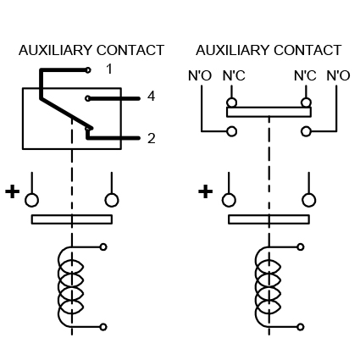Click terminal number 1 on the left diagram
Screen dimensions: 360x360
coord(109,69)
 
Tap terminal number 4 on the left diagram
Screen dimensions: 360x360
coord(152,97)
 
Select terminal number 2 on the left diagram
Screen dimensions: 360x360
coord(152,138)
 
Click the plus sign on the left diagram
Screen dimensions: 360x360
coord(12,191)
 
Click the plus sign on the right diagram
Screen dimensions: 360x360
coord(206,191)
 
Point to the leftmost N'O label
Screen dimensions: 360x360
coord(200,75)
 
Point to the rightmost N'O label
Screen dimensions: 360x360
coord(338,75)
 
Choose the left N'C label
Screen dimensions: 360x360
coord(234,75)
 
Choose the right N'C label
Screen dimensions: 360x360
coord(305,75)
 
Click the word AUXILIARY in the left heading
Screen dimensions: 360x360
coord(55,50)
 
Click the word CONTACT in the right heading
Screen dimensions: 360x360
coord(307,50)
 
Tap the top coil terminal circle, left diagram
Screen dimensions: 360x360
coord(103,247)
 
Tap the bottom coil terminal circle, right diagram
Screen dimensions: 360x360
coord(301,327)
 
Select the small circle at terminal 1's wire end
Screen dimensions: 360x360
coord(88,70)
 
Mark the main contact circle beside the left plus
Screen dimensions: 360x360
coord(31,200)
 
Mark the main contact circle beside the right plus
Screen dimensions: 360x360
coord(229,200)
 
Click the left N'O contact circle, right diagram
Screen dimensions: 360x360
coord(232,131)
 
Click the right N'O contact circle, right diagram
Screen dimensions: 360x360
coord(307,131)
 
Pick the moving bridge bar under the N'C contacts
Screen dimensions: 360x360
coord(269,112)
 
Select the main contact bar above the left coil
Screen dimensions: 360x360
coord(72,219)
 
